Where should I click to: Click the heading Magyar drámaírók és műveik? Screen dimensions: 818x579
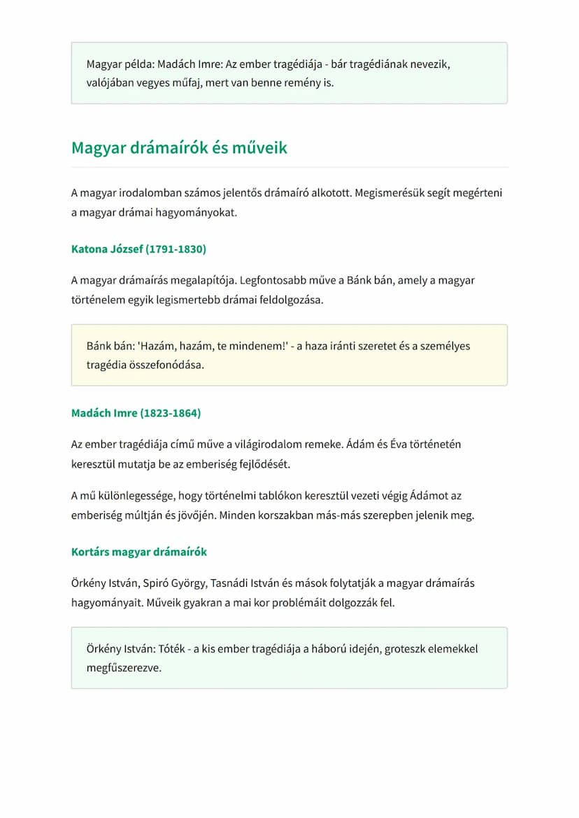[x=179, y=148]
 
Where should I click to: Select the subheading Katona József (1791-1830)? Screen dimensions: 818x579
[x=138, y=249]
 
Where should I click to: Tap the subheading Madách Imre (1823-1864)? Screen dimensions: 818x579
[x=136, y=413]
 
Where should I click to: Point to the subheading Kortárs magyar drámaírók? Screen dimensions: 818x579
[x=139, y=552]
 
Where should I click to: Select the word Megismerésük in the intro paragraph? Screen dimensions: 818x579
[x=388, y=192]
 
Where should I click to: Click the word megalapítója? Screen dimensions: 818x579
[x=203, y=280]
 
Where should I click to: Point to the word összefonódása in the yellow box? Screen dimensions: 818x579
[x=170, y=365]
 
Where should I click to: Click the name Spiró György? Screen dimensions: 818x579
[x=171, y=583]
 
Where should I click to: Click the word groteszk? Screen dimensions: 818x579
[x=402, y=648]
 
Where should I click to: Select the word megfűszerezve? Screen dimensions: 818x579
[x=124, y=668]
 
